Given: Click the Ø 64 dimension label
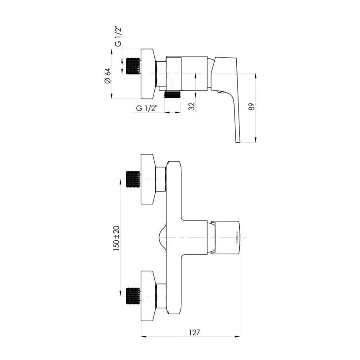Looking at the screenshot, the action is coord(108,76).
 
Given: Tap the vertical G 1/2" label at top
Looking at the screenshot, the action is coord(118,37).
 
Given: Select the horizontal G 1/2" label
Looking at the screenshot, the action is coord(147,108).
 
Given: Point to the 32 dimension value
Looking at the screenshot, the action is coord(192,106).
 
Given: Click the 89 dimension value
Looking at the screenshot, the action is coord(252,107).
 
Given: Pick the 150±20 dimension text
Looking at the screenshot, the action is coord(117,238).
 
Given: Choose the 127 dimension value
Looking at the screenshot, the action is coord(194,332).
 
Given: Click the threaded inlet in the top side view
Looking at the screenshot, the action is coord(133,66).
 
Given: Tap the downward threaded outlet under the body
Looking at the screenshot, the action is coord(173,94).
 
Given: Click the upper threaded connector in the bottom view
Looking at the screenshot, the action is coord(133,179).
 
